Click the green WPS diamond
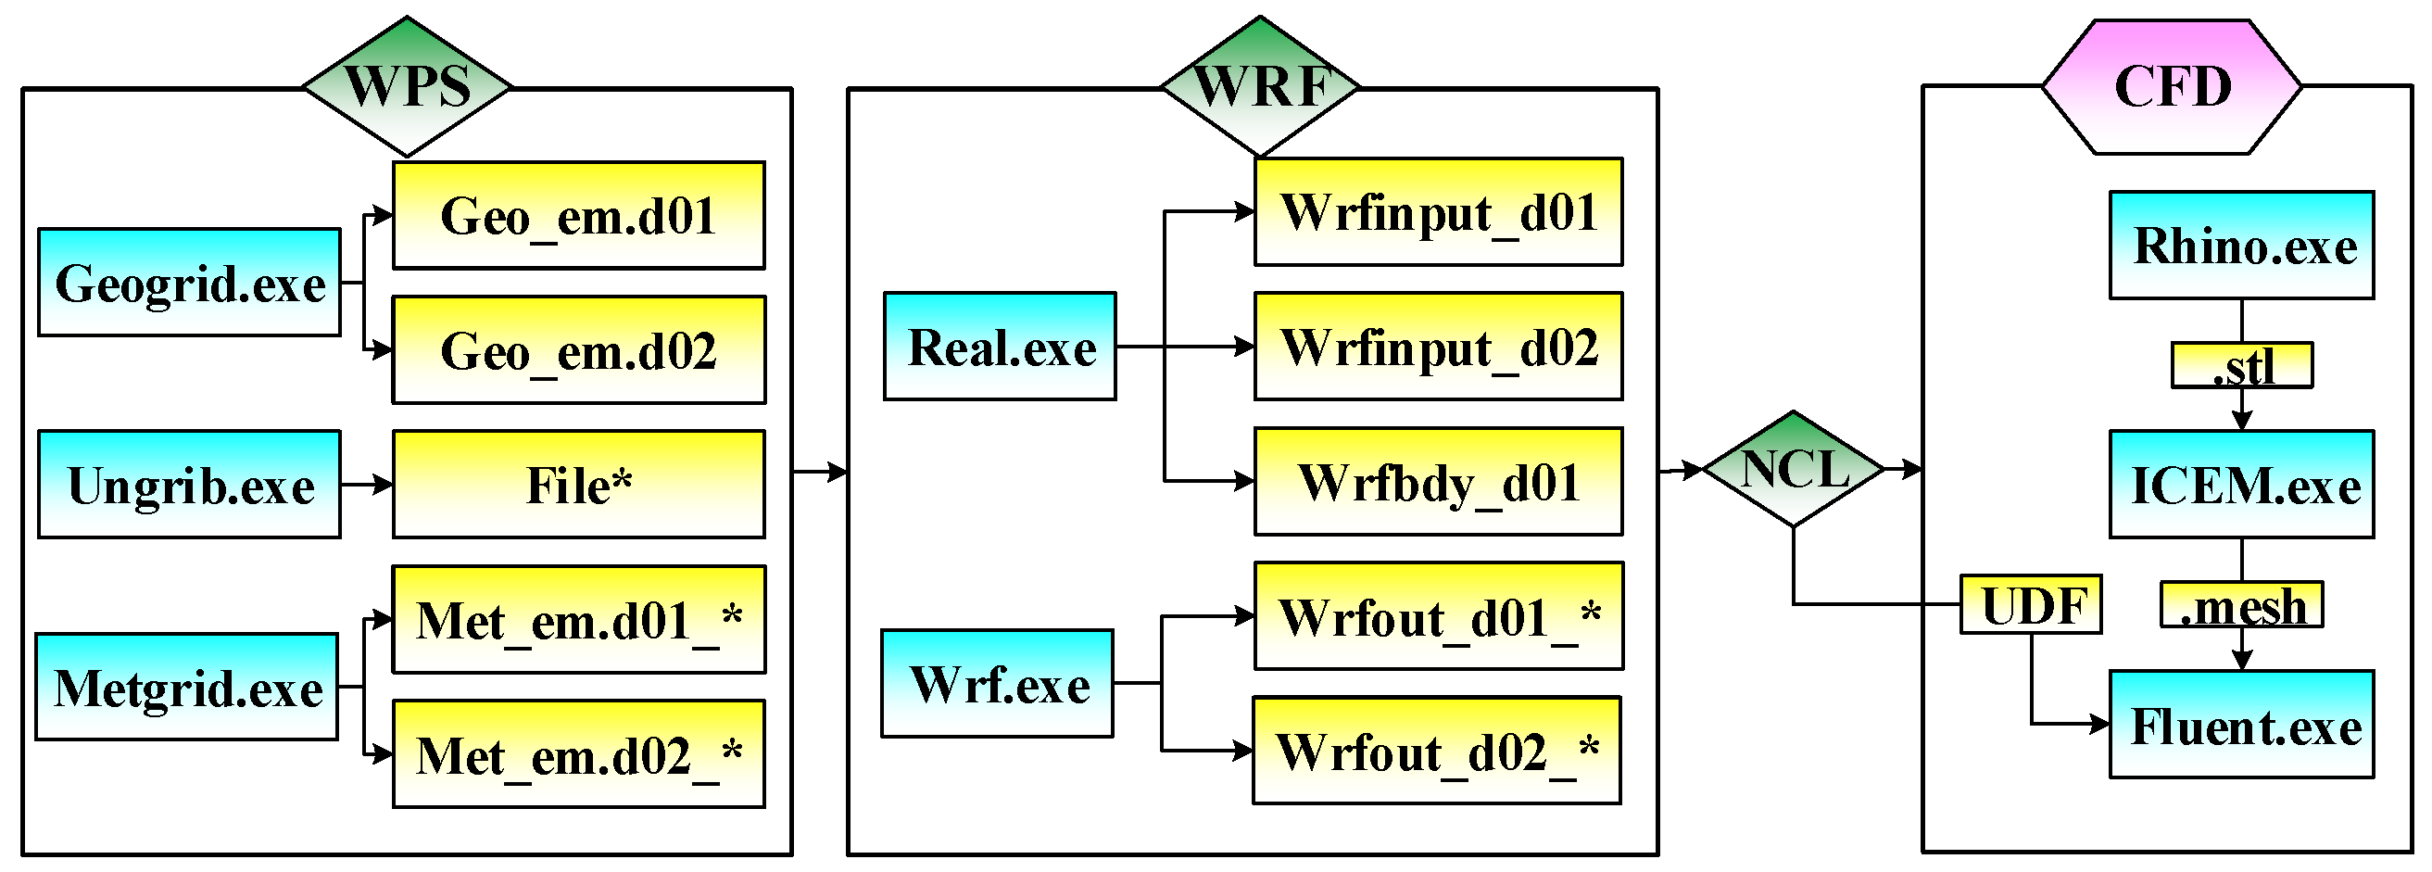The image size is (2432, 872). click(407, 86)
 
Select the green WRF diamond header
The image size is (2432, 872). click(1260, 86)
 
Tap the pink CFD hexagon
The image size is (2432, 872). click(2172, 86)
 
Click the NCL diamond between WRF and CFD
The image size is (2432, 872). click(1793, 469)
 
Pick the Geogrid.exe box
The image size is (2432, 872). click(189, 283)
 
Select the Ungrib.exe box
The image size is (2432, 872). click(189, 485)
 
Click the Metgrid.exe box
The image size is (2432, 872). click(187, 687)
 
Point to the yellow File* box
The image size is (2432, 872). click(579, 485)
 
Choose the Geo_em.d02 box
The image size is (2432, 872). click(579, 350)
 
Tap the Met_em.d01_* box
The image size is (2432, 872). click(579, 620)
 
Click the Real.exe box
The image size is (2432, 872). click(1000, 347)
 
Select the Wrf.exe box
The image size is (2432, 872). click(997, 683)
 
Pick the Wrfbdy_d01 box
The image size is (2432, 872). click(1438, 482)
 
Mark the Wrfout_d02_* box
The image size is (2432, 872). click(1436, 752)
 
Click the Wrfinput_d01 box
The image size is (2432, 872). click(1438, 212)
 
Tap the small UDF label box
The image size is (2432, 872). click(2031, 604)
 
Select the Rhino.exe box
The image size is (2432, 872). click(2241, 246)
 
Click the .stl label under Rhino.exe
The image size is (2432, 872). click(2241, 366)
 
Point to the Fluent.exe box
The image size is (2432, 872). click(2241, 726)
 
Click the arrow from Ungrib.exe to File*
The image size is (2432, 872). click(366, 485)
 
